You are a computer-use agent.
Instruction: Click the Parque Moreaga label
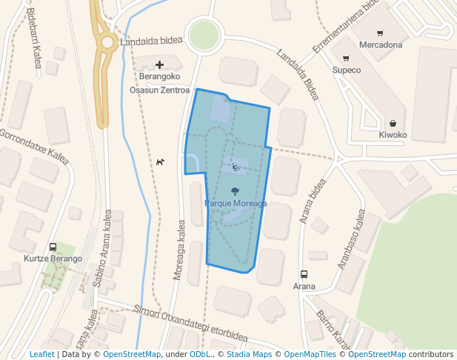point(235,203)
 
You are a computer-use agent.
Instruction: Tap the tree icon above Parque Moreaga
point(235,191)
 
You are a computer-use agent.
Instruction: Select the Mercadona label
point(380,45)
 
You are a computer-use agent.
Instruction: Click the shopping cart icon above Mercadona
point(380,33)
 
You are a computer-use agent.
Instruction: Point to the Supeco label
point(346,70)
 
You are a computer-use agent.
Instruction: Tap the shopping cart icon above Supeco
point(345,59)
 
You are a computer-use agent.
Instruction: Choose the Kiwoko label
point(393,135)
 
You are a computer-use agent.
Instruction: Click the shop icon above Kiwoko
point(393,123)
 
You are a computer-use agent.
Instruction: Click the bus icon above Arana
point(304,274)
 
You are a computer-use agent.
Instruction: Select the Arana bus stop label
point(304,286)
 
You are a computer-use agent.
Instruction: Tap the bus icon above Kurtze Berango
point(53,247)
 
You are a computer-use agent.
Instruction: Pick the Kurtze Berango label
point(53,259)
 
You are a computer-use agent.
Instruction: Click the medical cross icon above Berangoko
point(159,65)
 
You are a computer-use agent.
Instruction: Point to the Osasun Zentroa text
point(159,90)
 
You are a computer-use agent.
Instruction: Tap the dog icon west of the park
point(160,161)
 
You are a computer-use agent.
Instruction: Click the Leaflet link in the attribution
point(41,355)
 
